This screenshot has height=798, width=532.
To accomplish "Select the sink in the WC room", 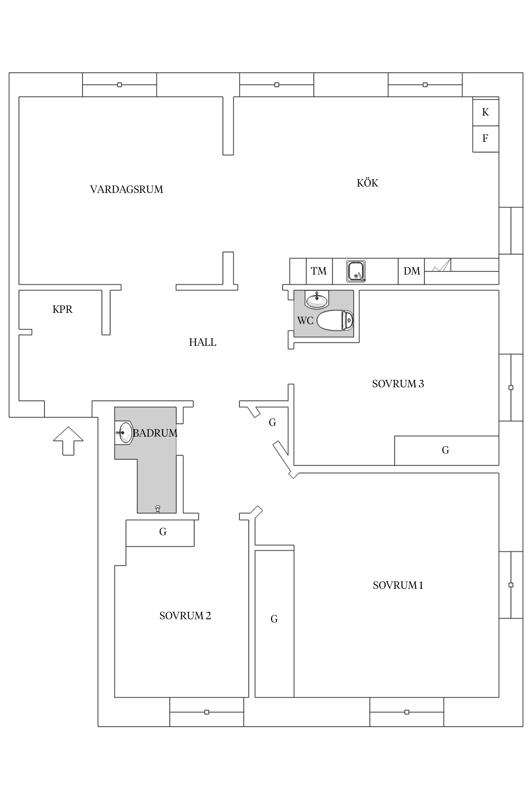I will coord(317,300).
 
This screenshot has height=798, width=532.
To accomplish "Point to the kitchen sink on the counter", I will coord(356,271).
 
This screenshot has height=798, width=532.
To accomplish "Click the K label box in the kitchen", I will coord(486,112).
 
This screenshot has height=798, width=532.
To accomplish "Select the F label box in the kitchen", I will coord(486,139).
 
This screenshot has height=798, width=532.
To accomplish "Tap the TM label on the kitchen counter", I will coord(319,271).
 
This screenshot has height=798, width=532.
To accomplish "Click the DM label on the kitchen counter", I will coord(411,271).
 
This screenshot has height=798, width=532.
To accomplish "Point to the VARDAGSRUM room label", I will coord(127,189).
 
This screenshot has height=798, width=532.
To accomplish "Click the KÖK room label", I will coord(367,183).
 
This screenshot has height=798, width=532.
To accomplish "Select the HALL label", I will coord(203,342).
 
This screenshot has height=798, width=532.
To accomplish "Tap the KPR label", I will coord(62,309).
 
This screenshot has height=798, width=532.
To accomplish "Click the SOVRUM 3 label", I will coord(398,384).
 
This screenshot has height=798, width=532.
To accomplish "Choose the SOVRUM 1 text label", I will coord(398,585).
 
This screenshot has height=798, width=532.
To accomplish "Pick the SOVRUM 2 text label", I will coord(185,616).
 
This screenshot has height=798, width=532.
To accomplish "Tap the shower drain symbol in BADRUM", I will coord(157,509).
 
